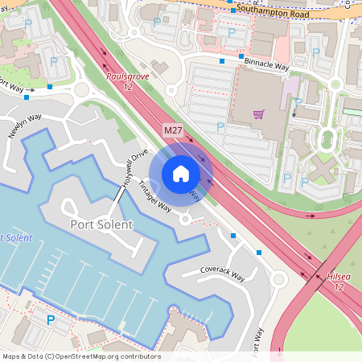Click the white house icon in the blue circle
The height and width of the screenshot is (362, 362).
pos(181,173)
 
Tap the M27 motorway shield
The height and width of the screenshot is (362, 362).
pos(173,130)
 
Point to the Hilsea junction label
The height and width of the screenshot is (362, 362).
pos(339,282)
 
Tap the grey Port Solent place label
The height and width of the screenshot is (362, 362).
pos(101,224)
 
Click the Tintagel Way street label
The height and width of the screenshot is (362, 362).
pos(154,195)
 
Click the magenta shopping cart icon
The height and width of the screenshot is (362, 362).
pos(258,114)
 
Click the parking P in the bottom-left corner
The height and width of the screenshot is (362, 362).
pos(51,321)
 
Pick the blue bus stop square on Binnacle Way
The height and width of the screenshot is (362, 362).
pos(221,60)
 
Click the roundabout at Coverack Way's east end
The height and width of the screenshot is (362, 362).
pos(278,280)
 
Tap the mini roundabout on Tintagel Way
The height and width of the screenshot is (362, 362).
pos(185,219)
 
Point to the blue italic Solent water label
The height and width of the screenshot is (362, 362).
pos(16,238)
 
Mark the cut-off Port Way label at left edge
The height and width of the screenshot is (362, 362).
pos(10,84)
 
